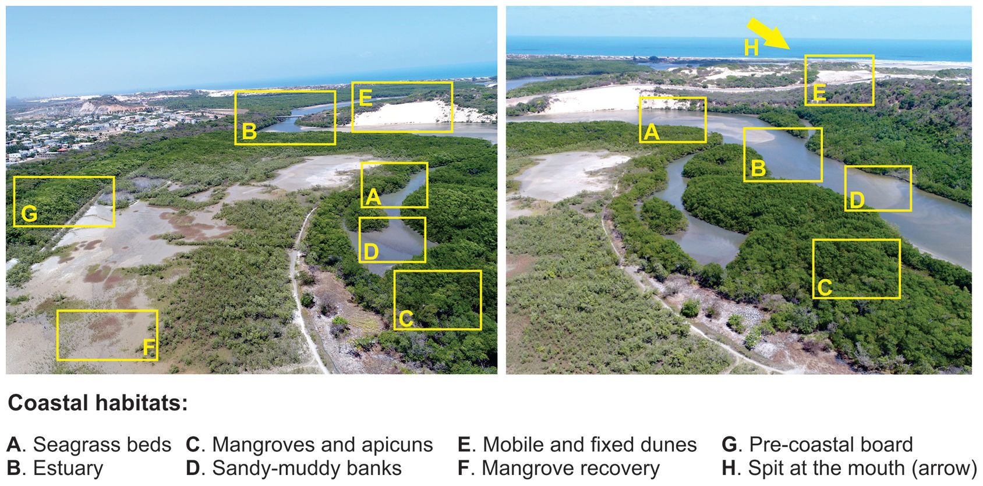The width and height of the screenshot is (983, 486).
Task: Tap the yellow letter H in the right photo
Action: pyautogui.click(x=751, y=48)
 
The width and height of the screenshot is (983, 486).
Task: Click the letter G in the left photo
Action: pyautogui.click(x=29, y=214)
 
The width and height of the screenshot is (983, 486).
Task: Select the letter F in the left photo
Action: pyautogui.click(x=149, y=348)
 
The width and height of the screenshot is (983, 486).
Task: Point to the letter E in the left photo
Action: pyautogui.click(x=366, y=97)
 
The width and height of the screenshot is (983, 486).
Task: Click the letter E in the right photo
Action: pyautogui.click(x=819, y=93)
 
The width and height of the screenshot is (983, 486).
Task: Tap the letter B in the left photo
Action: pyautogui.click(x=249, y=132)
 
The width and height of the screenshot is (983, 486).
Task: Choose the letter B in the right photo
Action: pyautogui.click(x=758, y=168)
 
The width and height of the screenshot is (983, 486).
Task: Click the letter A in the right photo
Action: pyautogui.click(x=651, y=132)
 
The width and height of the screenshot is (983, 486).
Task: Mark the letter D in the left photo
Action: pyautogui.click(x=371, y=252)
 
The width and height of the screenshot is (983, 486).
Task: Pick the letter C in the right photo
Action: pyautogui.click(x=825, y=287)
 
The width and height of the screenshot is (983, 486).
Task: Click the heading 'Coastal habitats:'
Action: pyautogui.click(x=98, y=403)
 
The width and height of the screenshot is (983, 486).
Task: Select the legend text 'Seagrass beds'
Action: pyautogui.click(x=102, y=445)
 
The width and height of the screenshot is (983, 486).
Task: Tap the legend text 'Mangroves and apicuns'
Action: pyautogui.click(x=322, y=445)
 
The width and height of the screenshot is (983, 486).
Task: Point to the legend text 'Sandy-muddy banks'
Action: pyautogui.click(x=306, y=468)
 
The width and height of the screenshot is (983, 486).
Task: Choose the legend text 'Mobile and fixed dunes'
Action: pyautogui.click(x=589, y=445)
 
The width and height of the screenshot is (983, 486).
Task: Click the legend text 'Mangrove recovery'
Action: pyautogui.click(x=570, y=468)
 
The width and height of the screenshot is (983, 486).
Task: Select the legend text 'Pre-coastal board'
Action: pyautogui.click(x=830, y=445)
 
